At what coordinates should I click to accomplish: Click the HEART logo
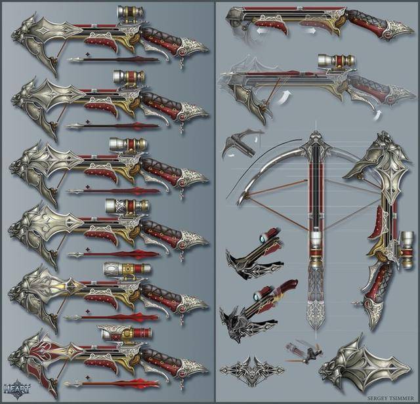[x=16, y=388]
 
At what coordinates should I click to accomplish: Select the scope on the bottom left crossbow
[x=125, y=334]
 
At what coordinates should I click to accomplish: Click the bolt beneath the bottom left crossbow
[x=112, y=384]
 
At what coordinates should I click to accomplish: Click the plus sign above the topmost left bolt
[x=87, y=54]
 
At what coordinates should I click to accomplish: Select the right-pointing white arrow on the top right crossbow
[x=310, y=31]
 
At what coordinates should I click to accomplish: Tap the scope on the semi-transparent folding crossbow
[x=337, y=61]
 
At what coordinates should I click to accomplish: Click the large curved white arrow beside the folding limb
[x=283, y=97]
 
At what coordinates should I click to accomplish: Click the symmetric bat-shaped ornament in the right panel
[x=252, y=371]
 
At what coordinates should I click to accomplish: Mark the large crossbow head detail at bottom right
[x=365, y=369]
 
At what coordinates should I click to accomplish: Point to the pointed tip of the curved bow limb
[x=238, y=204]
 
